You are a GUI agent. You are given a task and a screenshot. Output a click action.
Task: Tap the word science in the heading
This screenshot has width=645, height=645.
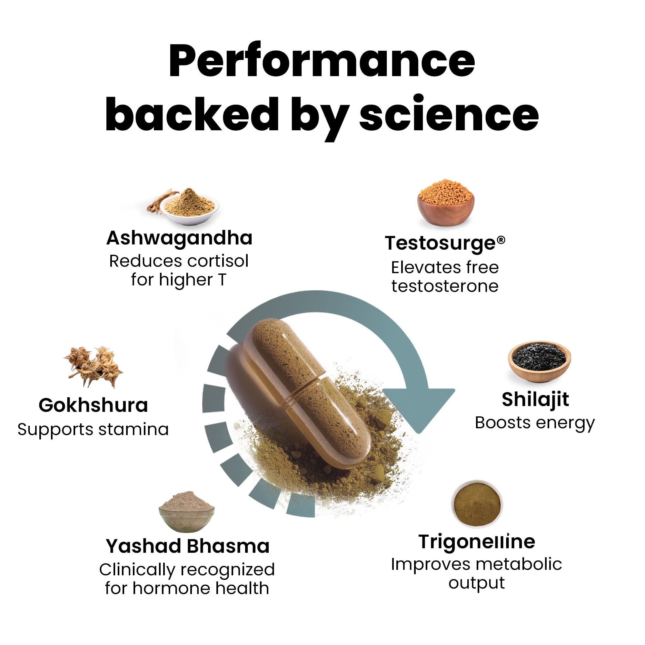[449, 115]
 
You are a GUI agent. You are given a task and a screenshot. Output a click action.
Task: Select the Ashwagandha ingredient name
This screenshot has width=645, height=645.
[179, 238]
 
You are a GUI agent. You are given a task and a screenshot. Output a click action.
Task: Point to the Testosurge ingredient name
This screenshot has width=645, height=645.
[440, 243]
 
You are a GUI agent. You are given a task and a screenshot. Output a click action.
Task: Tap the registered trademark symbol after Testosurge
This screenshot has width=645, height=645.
[501, 240]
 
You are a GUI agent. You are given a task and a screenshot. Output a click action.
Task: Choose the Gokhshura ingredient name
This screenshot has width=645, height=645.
[93, 405]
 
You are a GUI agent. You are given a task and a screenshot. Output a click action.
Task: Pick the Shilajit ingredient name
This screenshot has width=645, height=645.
[535, 399]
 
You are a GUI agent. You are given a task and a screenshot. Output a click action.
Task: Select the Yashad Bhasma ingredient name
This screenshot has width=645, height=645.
[187, 546]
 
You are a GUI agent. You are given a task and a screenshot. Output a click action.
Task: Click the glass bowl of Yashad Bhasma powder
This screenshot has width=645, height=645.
[186, 512]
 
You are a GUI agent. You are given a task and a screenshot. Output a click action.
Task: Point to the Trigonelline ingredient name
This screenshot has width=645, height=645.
[477, 541]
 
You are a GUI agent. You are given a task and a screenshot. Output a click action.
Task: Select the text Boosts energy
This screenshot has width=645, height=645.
[535, 423]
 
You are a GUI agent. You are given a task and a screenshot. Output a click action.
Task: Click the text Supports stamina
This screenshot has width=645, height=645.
[93, 429]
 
